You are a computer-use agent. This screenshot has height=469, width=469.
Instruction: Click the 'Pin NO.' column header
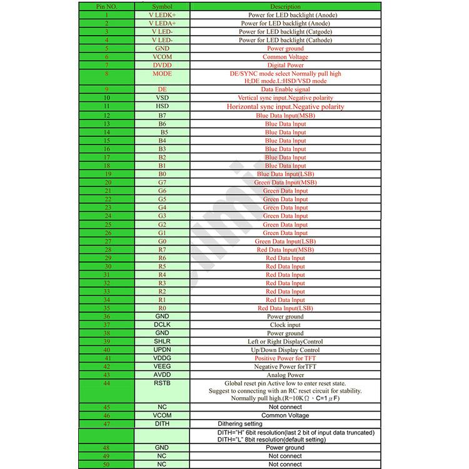[107, 6]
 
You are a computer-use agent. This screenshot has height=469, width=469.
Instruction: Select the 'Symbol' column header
[162, 6]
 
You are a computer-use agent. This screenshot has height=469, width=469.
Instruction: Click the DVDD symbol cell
[162, 65]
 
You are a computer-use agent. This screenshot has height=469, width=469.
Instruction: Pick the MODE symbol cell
[162, 74]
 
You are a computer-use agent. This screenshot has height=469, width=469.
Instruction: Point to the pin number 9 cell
[107, 89]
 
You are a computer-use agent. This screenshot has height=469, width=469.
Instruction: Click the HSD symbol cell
[162, 107]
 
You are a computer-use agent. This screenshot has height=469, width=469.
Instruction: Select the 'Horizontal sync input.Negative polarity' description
[285, 107]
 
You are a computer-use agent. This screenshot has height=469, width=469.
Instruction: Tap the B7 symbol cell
[162, 116]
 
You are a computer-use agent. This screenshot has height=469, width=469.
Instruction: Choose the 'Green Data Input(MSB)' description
[285, 183]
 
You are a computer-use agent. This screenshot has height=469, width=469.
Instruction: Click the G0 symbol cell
[162, 241]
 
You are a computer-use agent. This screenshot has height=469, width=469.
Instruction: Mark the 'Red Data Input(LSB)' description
[285, 308]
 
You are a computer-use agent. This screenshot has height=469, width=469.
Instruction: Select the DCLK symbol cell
[162, 325]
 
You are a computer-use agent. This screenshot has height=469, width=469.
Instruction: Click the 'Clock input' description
[285, 325]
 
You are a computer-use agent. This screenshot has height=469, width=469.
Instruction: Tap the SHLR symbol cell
[162, 341]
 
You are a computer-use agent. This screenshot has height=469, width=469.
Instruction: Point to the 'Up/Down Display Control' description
[285, 350]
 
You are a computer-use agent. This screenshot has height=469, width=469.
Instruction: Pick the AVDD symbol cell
[162, 375]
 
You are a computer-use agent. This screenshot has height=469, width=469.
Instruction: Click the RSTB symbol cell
[162, 383]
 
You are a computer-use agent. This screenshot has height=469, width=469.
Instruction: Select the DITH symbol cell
[162, 423]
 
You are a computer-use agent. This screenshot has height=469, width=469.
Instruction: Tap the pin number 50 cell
[107, 464]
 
